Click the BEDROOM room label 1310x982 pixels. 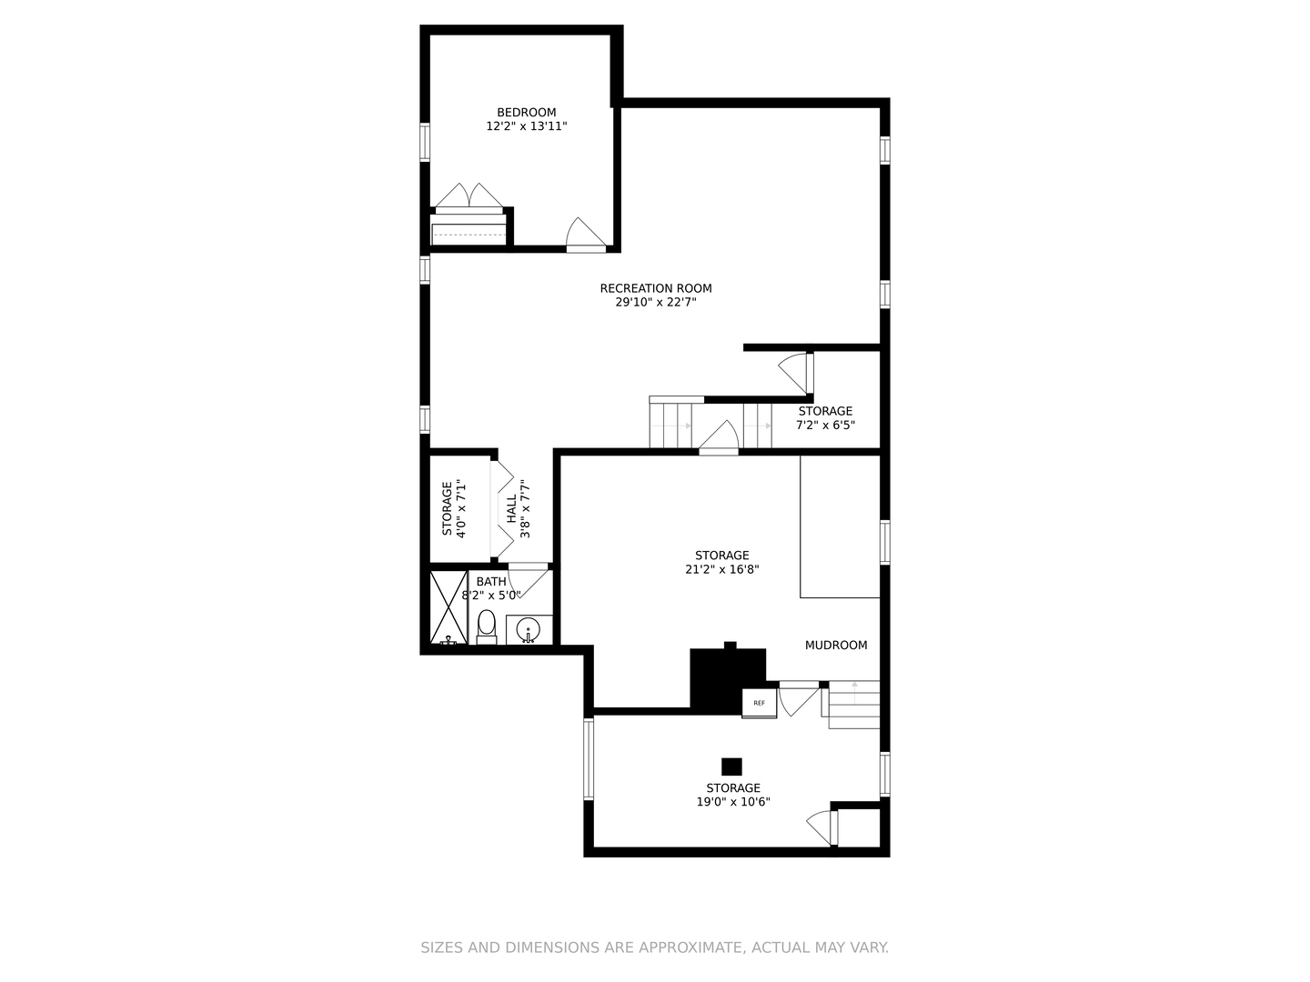pos(526,113)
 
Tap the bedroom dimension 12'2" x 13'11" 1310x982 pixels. pos(526,127)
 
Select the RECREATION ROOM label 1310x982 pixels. pos(655,288)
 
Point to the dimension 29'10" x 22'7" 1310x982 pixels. pos(655,303)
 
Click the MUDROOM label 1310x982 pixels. pos(835,646)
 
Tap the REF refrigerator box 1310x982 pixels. pos(759,703)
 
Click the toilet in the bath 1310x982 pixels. pos(487,626)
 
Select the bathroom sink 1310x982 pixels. pos(529,629)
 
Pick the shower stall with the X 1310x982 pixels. pos(448,606)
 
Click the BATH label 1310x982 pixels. pos(491,582)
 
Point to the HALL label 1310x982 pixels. pos(511,509)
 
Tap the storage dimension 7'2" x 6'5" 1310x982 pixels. pos(825,425)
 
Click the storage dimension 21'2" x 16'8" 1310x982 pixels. pos(721,570)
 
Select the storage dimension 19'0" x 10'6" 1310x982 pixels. pos(732,803)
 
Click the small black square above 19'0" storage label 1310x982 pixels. pos(731,767)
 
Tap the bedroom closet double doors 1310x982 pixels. pos(469,198)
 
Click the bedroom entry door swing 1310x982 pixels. pos(584,234)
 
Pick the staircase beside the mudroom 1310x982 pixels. pos(853,704)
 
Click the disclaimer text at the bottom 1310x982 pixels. pos(654,947)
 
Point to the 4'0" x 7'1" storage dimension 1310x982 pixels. pos(461,509)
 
